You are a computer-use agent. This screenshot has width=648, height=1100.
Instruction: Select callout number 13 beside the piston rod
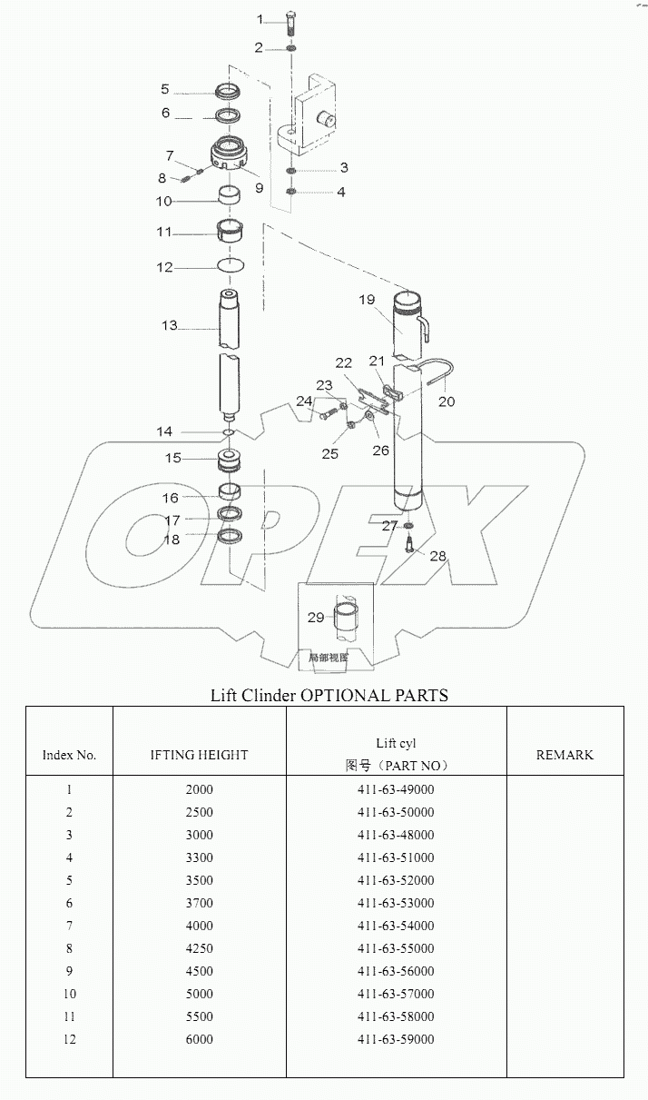(170, 325)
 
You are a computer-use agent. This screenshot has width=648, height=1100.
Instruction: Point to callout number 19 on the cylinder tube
(367, 299)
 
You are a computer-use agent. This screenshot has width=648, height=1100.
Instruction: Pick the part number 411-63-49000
(396, 789)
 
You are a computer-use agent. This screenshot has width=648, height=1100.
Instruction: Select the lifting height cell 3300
(199, 857)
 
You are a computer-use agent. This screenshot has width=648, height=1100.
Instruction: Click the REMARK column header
(565, 754)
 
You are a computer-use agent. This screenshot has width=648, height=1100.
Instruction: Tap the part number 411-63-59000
(396, 1039)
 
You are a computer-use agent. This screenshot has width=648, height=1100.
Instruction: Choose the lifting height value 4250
(199, 948)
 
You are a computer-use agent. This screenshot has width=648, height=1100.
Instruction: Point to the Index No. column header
(69, 755)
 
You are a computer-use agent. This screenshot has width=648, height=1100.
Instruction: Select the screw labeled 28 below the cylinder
(409, 545)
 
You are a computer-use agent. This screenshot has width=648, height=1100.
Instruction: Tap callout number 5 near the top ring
(165, 89)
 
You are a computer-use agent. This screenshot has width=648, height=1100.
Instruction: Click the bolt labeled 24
(327, 416)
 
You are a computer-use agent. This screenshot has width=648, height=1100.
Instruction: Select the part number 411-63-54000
(396, 926)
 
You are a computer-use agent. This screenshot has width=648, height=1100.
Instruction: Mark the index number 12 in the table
(69, 1039)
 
